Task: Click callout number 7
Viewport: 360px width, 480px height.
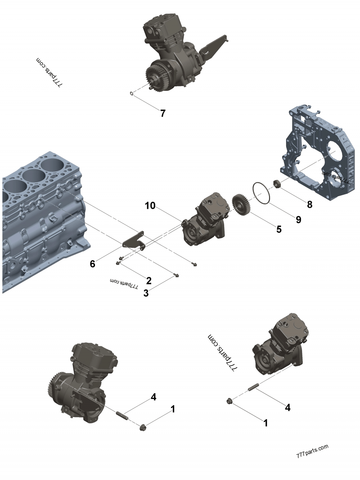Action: (163, 113)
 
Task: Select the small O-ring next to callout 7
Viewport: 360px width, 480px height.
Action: (131, 94)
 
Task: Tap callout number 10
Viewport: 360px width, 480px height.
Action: (150, 206)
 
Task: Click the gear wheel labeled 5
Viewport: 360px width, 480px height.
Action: (242, 205)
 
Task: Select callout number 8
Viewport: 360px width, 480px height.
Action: (309, 204)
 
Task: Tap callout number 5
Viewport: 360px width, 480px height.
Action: (279, 229)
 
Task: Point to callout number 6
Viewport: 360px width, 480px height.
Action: (92, 264)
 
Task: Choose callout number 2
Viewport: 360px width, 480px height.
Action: (148, 281)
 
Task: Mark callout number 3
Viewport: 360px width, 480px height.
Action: (146, 293)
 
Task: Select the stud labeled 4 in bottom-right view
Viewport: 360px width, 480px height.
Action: (252, 387)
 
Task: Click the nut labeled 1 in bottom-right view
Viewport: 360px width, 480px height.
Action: (229, 400)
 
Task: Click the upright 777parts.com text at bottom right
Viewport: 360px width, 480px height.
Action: (312, 451)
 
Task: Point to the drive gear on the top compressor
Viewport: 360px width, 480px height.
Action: (156, 77)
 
